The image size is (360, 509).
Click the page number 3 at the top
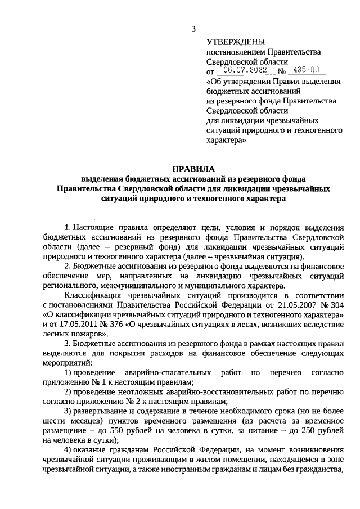click(x=193, y=29)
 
